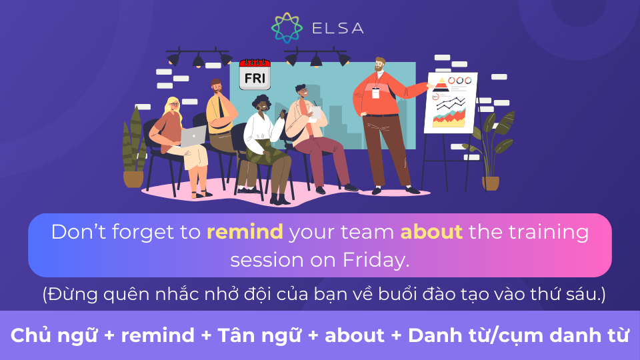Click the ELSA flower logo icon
(x=287, y=28)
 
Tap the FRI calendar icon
(x=255, y=74)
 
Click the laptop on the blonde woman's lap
(x=193, y=136)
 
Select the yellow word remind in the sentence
(x=245, y=232)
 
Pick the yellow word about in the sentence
(x=431, y=232)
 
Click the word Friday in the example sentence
(x=376, y=260)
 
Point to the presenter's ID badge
(x=375, y=93)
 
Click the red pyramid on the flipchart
(x=441, y=85)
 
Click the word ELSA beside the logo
(x=337, y=28)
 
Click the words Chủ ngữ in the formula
(x=54, y=335)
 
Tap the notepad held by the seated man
(x=314, y=113)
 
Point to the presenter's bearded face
(x=379, y=65)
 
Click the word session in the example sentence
(x=267, y=261)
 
